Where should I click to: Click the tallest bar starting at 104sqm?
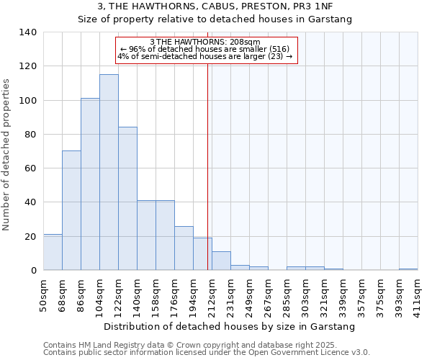[x=109, y=173]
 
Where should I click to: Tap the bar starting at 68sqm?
[x=71, y=210]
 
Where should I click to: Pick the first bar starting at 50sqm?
[x=53, y=252]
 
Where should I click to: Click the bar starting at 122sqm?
[x=127, y=199]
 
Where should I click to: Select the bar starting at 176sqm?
[x=184, y=248]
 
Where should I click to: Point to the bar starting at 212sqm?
[x=221, y=261]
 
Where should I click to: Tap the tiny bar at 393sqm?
[x=408, y=269]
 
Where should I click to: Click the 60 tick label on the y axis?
[x=30, y=168]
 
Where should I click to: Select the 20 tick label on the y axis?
[x=30, y=236]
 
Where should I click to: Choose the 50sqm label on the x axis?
[x=44, y=295]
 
